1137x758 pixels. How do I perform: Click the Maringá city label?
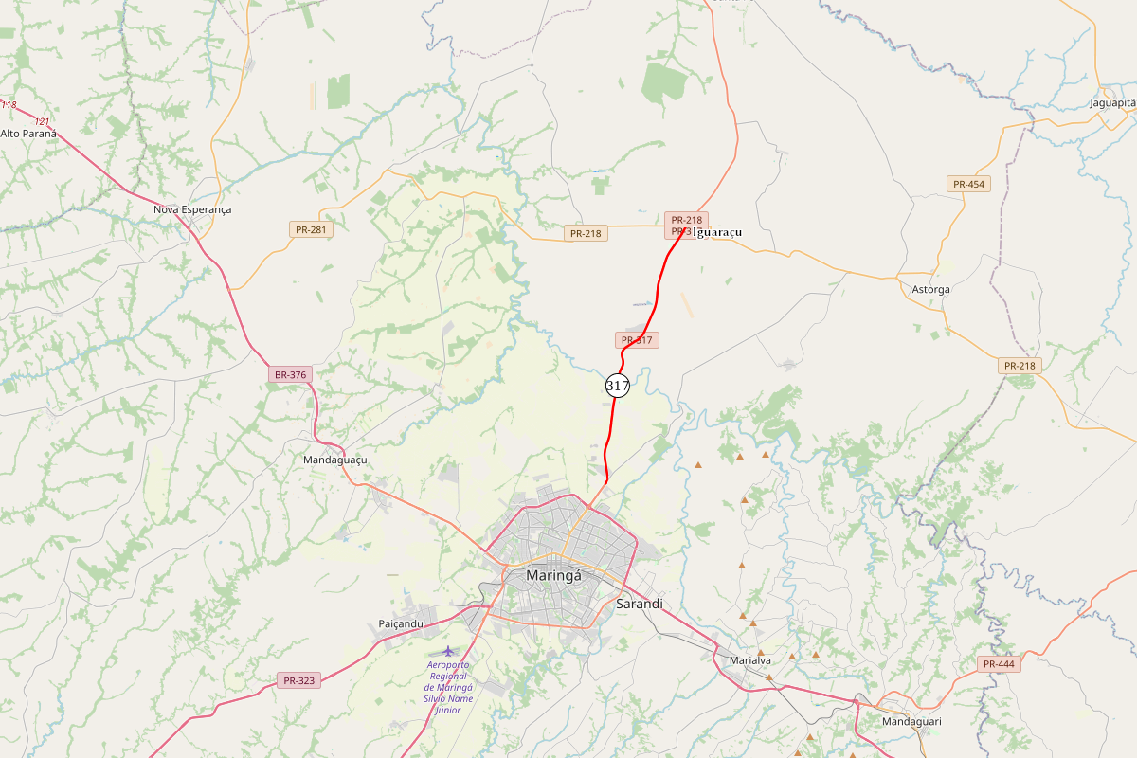552,575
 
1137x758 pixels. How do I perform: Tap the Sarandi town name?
640,604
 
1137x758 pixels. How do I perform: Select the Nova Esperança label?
192,209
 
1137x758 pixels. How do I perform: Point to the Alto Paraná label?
28,134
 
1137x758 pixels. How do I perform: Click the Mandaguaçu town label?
334,460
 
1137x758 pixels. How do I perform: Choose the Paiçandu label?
401,623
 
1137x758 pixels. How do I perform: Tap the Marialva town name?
750,660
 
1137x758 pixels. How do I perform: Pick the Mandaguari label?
911,721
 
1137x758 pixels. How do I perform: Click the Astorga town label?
930,289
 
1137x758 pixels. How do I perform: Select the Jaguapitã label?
1112,102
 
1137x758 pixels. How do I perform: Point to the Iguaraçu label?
718,232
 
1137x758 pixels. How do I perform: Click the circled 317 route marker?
618,386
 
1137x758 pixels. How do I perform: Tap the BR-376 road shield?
290,375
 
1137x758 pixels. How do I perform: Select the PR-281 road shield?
312,229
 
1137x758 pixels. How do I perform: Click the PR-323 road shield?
299,680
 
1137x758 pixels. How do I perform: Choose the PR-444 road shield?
999,664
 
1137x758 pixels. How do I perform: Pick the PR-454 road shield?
968,184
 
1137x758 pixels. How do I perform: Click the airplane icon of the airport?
448,651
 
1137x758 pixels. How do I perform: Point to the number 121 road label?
42,121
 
